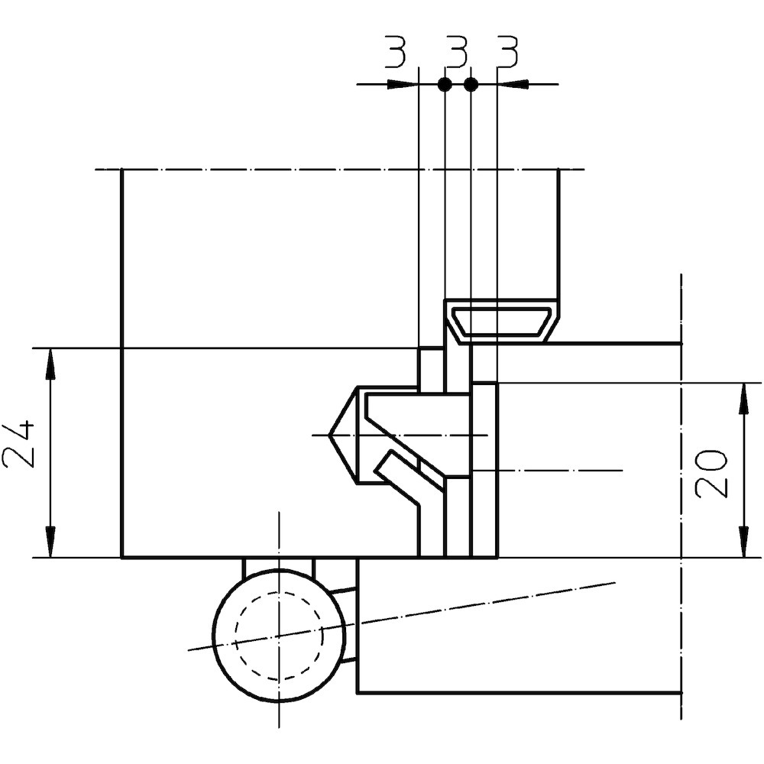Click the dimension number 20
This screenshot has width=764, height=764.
(x=711, y=474)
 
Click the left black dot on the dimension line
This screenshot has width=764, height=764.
(x=445, y=84)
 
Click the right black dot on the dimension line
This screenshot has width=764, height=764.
(x=471, y=84)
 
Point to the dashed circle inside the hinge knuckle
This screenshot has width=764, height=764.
(x=279, y=636)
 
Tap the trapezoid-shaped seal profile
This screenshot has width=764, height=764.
(x=501, y=322)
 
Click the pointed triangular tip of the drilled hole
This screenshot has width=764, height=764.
(x=329, y=435)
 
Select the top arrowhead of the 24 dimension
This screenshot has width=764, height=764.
(x=50, y=364)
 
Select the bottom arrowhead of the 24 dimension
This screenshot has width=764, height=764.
(x=50, y=542)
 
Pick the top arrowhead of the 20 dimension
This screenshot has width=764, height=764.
(x=744, y=399)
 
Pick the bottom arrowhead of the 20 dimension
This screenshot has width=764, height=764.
(x=744, y=542)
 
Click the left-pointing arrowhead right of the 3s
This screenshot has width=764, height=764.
(x=512, y=84)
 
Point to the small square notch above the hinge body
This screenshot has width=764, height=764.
(x=432, y=369)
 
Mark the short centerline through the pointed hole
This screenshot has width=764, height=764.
(x=400, y=435)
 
